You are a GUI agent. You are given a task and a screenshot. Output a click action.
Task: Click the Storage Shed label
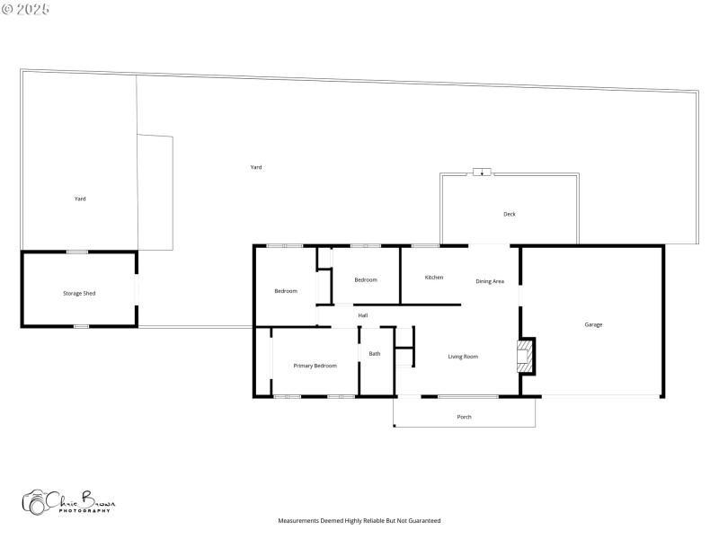tap(79, 294)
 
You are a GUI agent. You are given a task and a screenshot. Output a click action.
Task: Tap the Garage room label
tap(593, 324)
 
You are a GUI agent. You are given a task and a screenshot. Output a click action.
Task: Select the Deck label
tap(510, 214)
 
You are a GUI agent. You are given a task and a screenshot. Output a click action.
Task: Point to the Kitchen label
tap(434, 278)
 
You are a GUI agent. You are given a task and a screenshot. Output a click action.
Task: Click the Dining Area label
tap(490, 281)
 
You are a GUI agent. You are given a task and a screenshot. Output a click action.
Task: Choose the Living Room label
tap(463, 357)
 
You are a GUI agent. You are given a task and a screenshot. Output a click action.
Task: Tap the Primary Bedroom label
tap(315, 366)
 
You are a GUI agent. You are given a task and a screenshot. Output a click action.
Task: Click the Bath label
tap(374, 353)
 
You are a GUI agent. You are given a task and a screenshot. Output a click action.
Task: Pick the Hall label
tap(363, 315)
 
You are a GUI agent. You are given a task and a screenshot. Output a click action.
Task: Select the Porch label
tap(464, 417)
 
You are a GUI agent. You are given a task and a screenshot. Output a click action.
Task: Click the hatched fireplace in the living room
tap(523, 356)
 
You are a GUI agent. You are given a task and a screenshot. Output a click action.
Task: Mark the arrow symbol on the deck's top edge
tap(483, 172)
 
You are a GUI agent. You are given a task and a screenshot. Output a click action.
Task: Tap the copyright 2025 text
tap(26, 8)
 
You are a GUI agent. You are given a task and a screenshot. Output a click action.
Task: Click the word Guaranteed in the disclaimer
tap(423, 520)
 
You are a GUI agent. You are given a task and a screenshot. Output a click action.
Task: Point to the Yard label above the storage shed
tap(80, 199)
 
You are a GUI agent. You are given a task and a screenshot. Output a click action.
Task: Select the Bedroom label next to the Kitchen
tap(366, 280)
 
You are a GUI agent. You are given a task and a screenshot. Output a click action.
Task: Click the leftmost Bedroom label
tap(286, 291)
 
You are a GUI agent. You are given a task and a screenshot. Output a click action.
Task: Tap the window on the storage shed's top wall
tap(77, 252)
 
